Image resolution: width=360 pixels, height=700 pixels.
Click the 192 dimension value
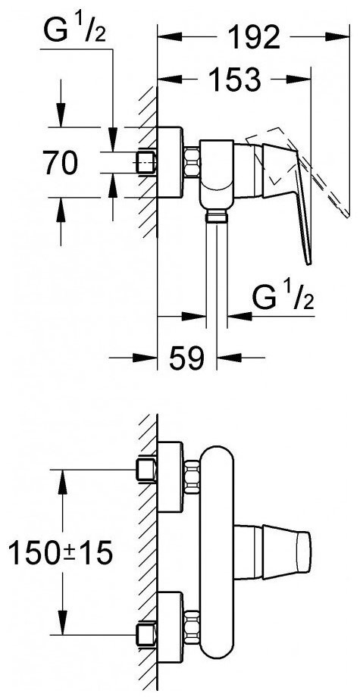pyautogui.click(x=255, y=37)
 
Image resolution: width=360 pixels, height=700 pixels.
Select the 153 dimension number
pyautogui.click(x=234, y=80)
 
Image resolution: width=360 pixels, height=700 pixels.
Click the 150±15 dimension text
pyautogui.click(x=61, y=554)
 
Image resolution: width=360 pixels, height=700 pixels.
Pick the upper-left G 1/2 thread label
pyautogui.click(x=74, y=29)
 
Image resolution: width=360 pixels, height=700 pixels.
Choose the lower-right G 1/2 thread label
pyautogui.click(x=283, y=297)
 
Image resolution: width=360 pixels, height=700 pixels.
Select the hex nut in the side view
pyautogui.click(x=191, y=163)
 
